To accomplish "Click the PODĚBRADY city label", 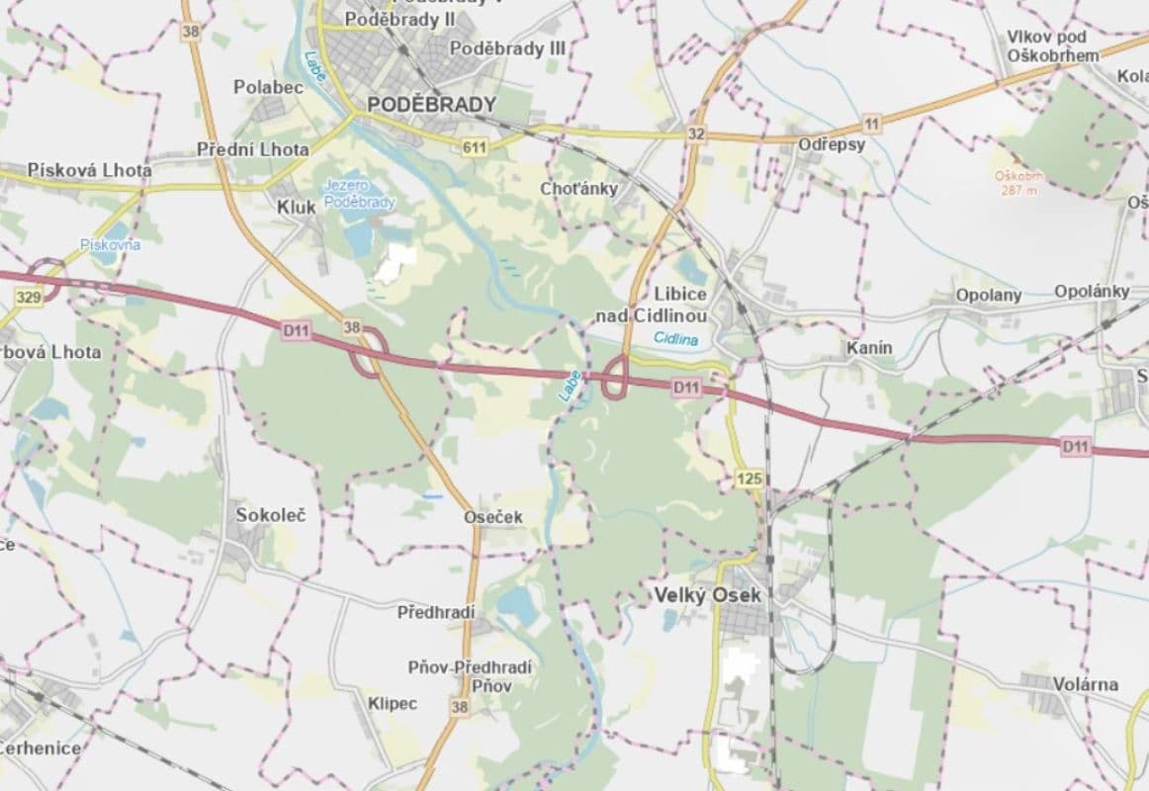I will [x=431, y=105].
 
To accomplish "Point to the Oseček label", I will [x=493, y=516].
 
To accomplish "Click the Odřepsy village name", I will [x=832, y=144].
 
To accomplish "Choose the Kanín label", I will [x=869, y=348].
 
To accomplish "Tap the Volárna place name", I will [x=1085, y=683].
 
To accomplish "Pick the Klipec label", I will [x=393, y=703].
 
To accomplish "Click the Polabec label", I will [x=268, y=87].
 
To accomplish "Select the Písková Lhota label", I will [x=90, y=170].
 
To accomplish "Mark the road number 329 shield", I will [x=29, y=297].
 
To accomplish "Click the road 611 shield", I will [x=475, y=146].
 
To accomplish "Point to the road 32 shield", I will [x=697, y=133].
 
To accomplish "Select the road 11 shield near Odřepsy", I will [x=870, y=123].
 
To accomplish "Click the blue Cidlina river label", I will [x=676, y=339].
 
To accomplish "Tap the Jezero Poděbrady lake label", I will [x=359, y=194].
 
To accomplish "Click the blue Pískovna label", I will [x=110, y=244].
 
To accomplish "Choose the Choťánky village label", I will [x=578, y=188].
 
